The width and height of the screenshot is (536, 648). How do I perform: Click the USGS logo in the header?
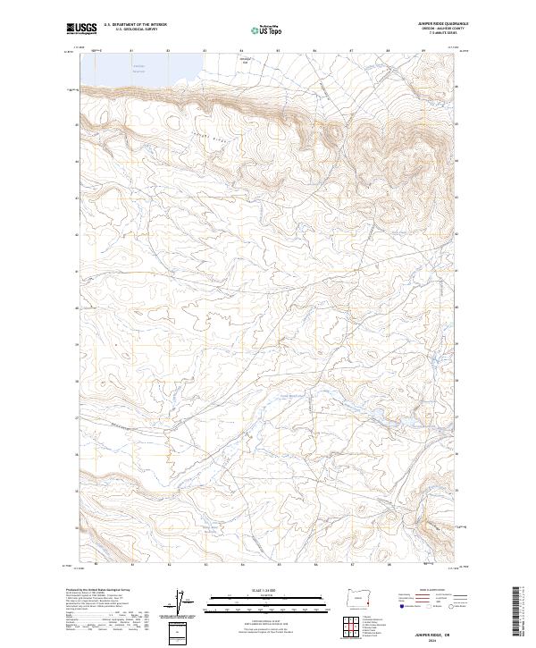pyautogui.click(x=81, y=29)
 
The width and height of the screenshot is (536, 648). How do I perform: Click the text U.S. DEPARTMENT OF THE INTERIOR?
pyautogui.click(x=135, y=25)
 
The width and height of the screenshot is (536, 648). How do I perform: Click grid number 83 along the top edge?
pyautogui.click(x=169, y=51)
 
